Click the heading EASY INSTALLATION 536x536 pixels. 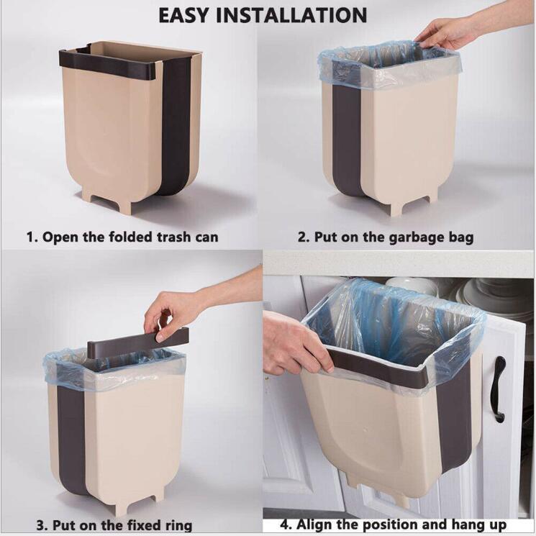pyautogui.click(x=263, y=14)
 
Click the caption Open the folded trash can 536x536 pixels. pyautogui.click(x=122, y=237)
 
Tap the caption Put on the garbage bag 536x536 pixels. pyautogui.click(x=386, y=237)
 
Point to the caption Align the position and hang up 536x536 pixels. pyautogui.click(x=393, y=524)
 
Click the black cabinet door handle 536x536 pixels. pyautogui.click(x=499, y=389)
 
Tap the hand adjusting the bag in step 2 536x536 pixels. pyautogui.click(x=446, y=32)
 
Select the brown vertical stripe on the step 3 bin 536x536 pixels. pyautogui.click(x=71, y=439)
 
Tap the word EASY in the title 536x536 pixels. pyautogui.click(x=188, y=14)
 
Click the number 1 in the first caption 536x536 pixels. pyautogui.click(x=31, y=237)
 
